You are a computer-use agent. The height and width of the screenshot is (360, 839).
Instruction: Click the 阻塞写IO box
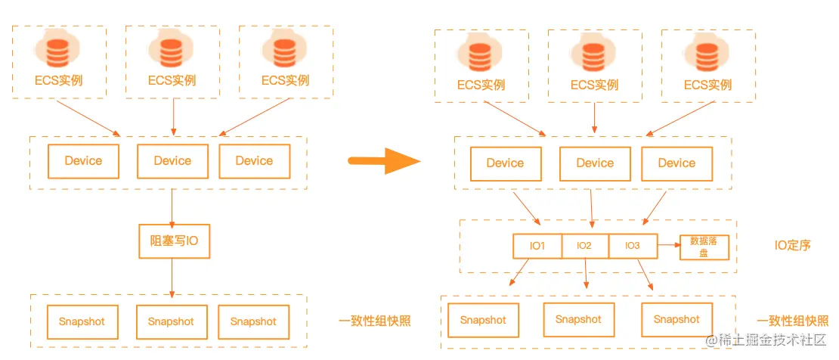(173, 241)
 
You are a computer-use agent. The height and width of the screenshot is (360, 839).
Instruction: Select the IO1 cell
(537, 246)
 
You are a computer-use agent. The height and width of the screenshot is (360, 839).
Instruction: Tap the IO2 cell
(584, 246)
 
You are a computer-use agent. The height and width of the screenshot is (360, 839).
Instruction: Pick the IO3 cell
(633, 246)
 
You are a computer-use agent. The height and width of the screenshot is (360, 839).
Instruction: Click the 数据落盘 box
(704, 247)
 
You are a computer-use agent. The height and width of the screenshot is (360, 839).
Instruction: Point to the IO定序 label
(793, 245)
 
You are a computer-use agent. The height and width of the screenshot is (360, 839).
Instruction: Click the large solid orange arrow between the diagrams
(383, 160)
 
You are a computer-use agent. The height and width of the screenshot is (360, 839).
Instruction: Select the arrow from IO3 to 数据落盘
(668, 246)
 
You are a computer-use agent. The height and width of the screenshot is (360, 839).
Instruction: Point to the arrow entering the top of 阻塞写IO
(173, 206)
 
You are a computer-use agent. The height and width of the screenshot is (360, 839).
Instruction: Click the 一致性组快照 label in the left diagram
(374, 321)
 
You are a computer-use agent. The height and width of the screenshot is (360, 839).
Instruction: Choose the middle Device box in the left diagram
(172, 161)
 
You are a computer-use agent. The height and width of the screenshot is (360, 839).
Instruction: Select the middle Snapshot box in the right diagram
(578, 320)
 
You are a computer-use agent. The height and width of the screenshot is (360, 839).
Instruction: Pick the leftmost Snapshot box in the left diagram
(82, 322)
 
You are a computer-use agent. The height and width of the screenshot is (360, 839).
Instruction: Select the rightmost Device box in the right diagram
(676, 163)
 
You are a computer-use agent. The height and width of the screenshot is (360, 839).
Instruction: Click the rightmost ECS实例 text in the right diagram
(707, 85)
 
